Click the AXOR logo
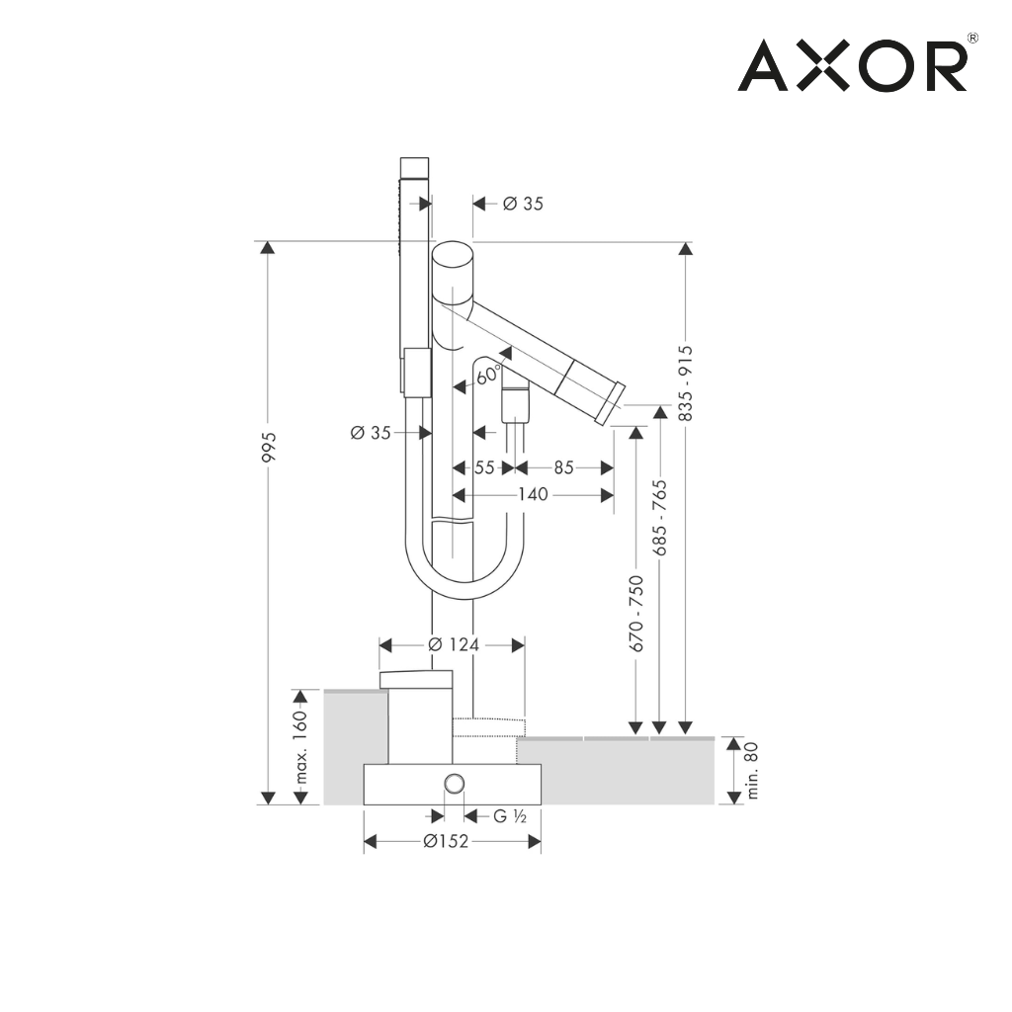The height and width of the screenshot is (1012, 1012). (852, 65)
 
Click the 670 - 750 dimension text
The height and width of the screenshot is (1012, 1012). (637, 613)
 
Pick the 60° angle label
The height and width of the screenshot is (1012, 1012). (487, 376)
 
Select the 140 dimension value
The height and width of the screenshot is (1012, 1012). (533, 494)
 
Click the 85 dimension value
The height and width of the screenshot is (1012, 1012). (563, 467)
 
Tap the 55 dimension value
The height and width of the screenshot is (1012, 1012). (483, 467)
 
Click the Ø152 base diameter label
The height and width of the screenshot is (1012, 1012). (445, 841)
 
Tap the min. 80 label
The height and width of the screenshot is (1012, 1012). (752, 771)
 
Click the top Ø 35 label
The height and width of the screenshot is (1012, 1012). (523, 204)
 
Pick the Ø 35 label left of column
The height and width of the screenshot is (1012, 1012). (372, 432)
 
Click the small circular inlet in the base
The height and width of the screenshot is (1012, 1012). (454, 785)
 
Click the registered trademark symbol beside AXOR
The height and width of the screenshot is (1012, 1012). (972, 39)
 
